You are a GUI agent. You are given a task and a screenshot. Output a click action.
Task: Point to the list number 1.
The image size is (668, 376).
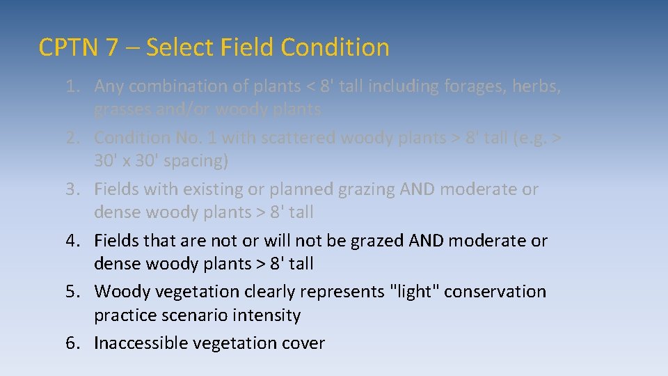click(73, 86)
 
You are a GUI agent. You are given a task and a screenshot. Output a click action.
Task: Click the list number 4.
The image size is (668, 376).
click(73, 241)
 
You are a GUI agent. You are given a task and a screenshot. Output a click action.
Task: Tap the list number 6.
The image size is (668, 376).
click(73, 343)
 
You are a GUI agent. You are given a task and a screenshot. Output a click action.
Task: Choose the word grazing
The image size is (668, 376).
click(363, 189)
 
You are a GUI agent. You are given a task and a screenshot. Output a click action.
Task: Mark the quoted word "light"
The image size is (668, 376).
click(413, 291)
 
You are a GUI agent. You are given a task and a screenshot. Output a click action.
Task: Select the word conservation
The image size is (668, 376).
click(495, 291)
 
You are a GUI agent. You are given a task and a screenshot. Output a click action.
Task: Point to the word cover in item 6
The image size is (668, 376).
click(303, 343)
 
